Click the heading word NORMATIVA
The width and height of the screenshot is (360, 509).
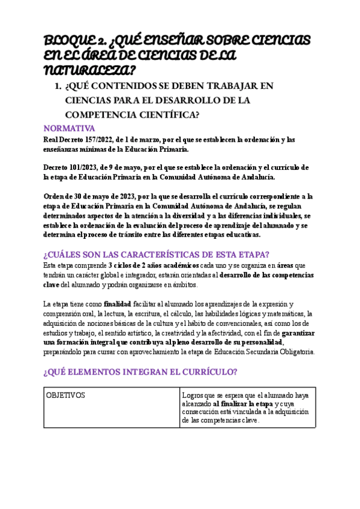(x=70, y=128)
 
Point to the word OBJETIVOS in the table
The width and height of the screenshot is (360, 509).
(x=65, y=395)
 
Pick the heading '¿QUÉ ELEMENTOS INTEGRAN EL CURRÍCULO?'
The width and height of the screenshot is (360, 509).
(x=141, y=372)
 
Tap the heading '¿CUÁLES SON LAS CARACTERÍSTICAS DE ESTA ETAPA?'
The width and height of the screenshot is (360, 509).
(x=157, y=254)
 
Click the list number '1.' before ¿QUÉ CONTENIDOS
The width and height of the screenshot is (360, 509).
(x=58, y=86)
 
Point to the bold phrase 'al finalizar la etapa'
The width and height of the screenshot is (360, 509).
(x=238, y=404)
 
